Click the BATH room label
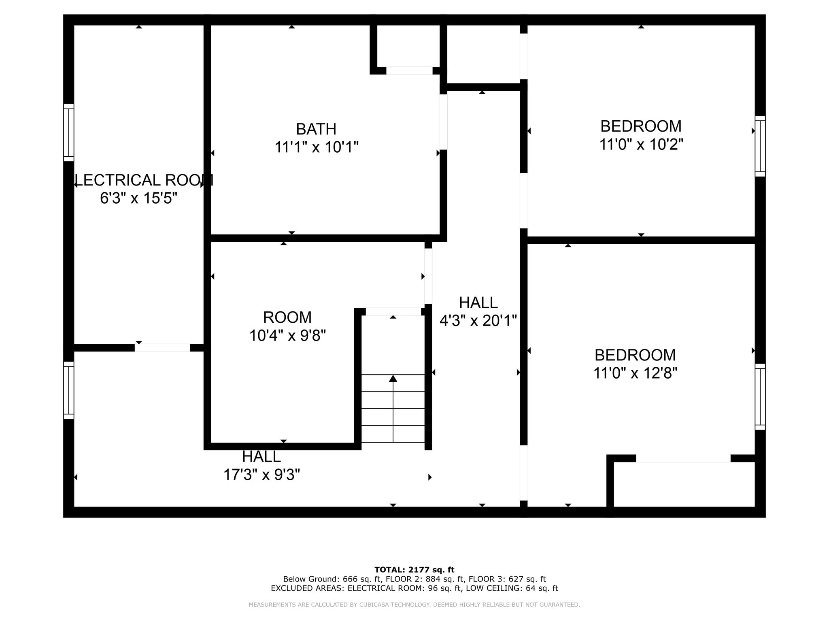316,129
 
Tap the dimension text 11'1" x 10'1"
316,147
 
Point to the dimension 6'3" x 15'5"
138,198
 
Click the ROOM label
287,317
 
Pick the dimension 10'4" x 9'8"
287,336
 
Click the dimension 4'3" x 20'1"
478,321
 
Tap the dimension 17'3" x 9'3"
261,475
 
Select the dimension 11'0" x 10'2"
641,144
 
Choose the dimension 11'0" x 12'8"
635,373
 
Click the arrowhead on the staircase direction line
393,379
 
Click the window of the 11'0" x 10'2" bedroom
760,146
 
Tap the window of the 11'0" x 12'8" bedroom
760,396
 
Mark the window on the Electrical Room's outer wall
69,132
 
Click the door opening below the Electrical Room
162,347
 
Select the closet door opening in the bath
409,71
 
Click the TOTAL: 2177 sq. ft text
414,570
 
